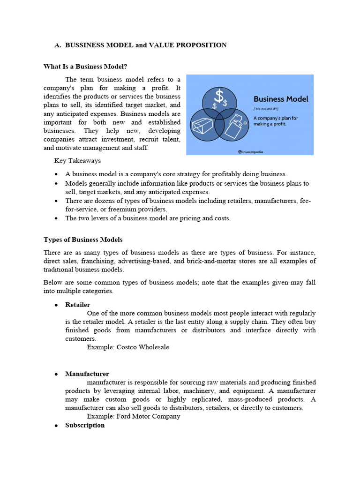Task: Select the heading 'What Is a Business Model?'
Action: [85, 67]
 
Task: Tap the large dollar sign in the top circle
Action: [219, 97]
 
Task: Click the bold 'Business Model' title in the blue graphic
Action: [281, 99]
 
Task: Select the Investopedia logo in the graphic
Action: [253, 151]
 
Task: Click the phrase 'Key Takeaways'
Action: [77, 161]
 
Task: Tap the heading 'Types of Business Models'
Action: [83, 240]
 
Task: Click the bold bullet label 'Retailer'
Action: [77, 305]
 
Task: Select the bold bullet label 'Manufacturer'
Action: [87, 374]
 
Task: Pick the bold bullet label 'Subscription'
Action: [85, 425]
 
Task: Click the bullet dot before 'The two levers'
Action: [56, 218]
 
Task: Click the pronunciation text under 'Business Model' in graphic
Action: [265, 109]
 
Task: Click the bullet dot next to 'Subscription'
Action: [56, 426]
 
